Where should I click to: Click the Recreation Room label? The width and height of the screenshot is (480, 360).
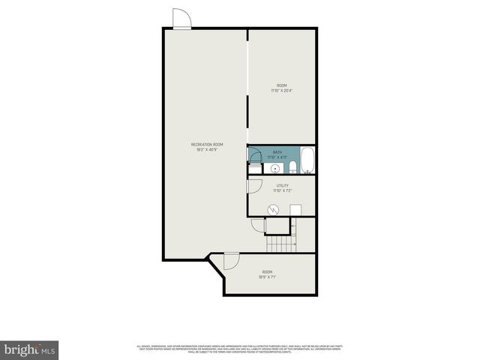(x=207, y=144)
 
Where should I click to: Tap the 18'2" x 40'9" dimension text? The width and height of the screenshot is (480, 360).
(x=207, y=149)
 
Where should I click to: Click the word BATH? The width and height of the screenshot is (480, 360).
(x=277, y=151)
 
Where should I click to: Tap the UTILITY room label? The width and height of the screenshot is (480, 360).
(x=282, y=185)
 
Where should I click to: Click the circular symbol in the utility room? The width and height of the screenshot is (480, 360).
(x=275, y=209)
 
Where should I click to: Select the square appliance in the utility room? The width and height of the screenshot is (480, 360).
(x=295, y=209)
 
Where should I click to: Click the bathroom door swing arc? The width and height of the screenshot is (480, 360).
(x=255, y=155)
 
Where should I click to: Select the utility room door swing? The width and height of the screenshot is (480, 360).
(x=254, y=185)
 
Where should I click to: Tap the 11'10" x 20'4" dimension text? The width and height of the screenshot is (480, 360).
(x=282, y=91)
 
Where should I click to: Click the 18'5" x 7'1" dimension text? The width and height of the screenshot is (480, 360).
(x=268, y=276)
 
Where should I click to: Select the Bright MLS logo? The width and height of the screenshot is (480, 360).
(x=29, y=350)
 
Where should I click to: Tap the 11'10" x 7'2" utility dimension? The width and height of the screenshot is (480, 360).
(x=282, y=190)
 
